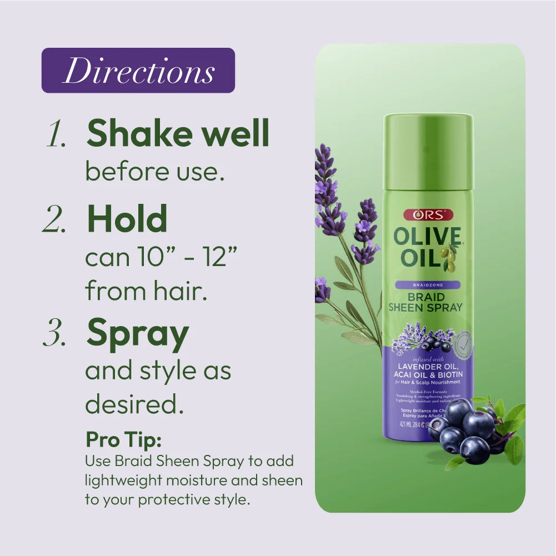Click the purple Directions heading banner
pyautogui.click(x=138, y=71)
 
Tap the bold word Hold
pyautogui.click(x=127, y=219)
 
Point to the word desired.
pyautogui.click(x=134, y=404)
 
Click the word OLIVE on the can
pyautogui.click(x=427, y=237)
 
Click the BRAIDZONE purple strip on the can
pyautogui.click(x=427, y=285)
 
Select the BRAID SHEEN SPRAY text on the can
pyautogui.click(x=427, y=302)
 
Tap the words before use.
pyautogui.click(x=154, y=173)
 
